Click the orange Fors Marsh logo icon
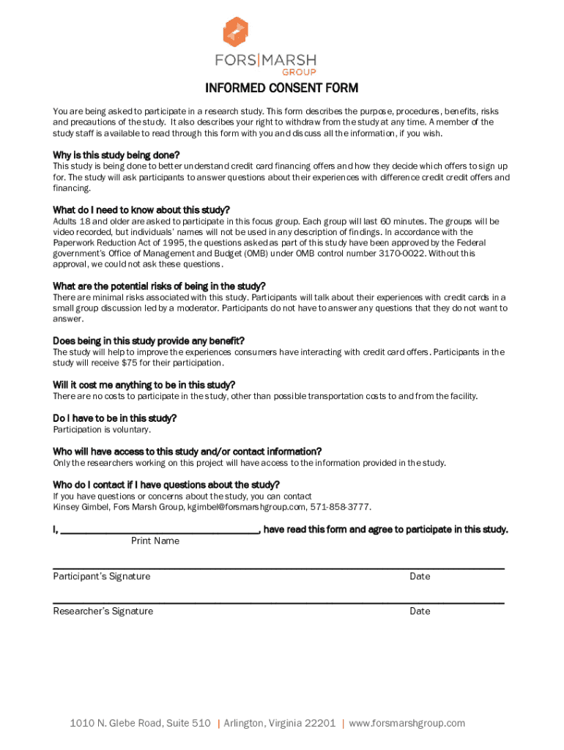coord(235,32)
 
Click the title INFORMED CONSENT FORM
coord(281,89)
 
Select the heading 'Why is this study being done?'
coord(116,155)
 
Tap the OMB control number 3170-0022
coord(401,253)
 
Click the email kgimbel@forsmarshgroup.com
coord(247,507)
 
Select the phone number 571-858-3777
coord(341,507)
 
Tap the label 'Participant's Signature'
coord(101,576)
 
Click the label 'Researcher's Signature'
coord(103,611)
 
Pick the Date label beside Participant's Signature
coord(420,576)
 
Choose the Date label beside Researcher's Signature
coord(420,611)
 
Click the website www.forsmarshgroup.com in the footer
coord(407,723)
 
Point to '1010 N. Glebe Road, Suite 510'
coord(140,723)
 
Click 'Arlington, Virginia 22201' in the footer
coord(280,723)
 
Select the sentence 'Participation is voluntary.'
coord(102,429)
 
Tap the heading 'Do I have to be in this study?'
coord(114,418)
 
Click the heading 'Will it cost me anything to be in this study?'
coord(144,385)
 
